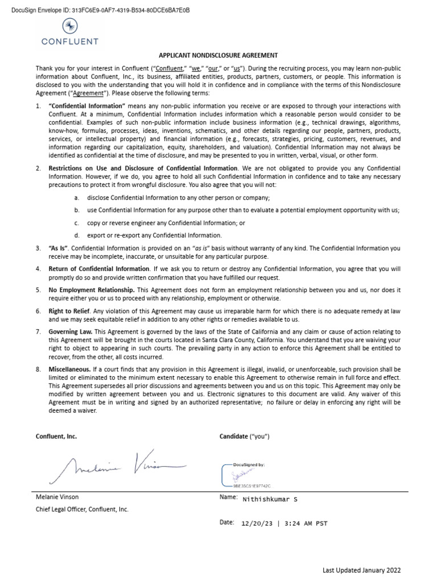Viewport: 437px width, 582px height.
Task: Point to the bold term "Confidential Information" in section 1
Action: [x=86, y=106]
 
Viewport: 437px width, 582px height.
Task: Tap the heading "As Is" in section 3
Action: [x=59, y=248]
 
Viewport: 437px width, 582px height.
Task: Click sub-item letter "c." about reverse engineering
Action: [x=76, y=223]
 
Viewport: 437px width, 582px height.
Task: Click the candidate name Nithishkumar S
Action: [x=270, y=500]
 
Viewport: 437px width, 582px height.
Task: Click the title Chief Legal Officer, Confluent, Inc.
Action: [x=82, y=509]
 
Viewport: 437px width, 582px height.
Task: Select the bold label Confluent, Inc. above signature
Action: [x=56, y=436]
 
